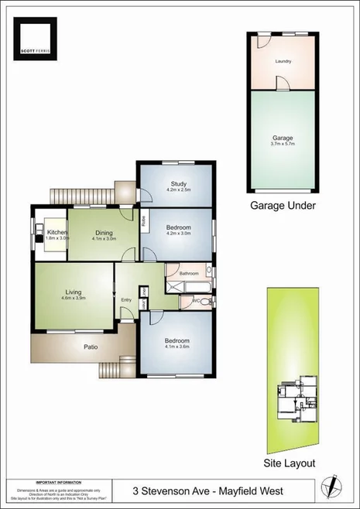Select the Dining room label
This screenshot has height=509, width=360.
pyautogui.click(x=104, y=232)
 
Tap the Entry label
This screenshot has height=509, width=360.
pyautogui.click(x=127, y=300)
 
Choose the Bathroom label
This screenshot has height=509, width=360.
pyautogui.click(x=189, y=273)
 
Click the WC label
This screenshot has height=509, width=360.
pyautogui.click(x=196, y=300)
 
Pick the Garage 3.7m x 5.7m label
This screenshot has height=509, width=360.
pyautogui.click(x=283, y=140)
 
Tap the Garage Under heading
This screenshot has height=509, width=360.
pyautogui.click(x=282, y=206)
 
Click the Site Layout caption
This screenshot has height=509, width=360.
pyautogui.click(x=290, y=463)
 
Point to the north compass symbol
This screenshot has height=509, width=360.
pyautogui.click(x=334, y=487)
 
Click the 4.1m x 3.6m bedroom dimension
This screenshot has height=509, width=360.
pyautogui.click(x=177, y=347)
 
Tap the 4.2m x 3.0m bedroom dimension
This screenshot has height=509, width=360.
pyautogui.click(x=178, y=233)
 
